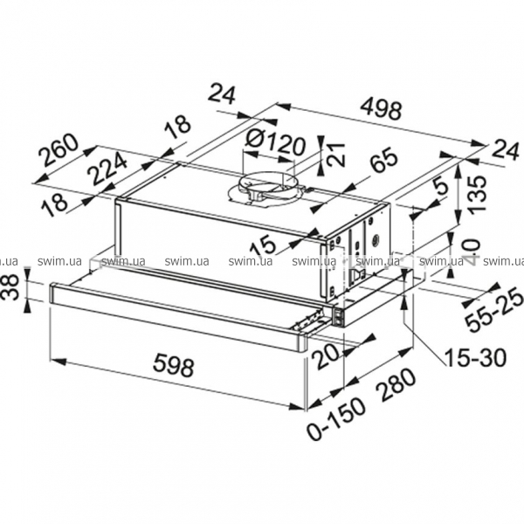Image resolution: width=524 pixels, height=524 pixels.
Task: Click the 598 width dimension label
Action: tap(174, 367)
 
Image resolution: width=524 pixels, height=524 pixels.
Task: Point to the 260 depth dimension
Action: tap(58, 150)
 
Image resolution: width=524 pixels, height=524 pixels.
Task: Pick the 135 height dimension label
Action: tap(476, 193)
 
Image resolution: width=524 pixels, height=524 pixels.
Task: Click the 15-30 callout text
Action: tap(475, 357)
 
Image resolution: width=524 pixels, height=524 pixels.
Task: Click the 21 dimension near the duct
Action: tap(336, 154)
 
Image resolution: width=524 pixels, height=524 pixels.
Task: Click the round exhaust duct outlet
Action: tap(267, 188)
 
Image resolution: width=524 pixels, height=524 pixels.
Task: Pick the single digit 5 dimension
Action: tap(441, 188)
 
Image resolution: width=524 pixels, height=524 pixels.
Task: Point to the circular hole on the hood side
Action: tap(376, 238)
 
